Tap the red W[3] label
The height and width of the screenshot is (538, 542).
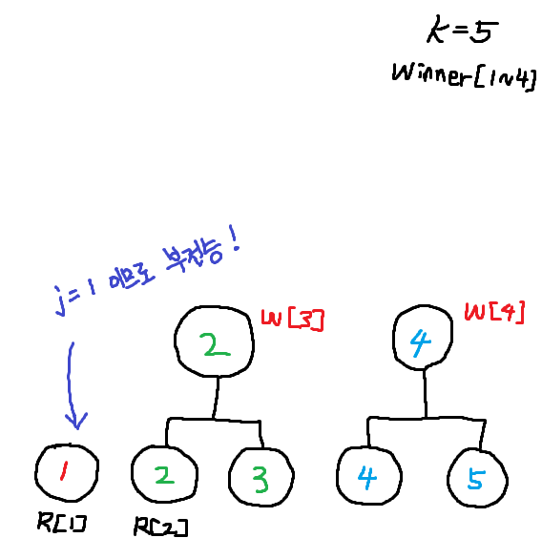tap(292, 321)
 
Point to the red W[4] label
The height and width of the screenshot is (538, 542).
tap(494, 312)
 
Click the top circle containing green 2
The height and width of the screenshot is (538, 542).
tap(216, 341)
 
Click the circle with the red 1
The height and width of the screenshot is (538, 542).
tap(66, 472)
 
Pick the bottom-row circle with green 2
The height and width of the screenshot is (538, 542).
tap(163, 474)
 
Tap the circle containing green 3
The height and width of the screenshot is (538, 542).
tap(261, 476)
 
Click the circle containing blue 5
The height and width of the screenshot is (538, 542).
tap(475, 478)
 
